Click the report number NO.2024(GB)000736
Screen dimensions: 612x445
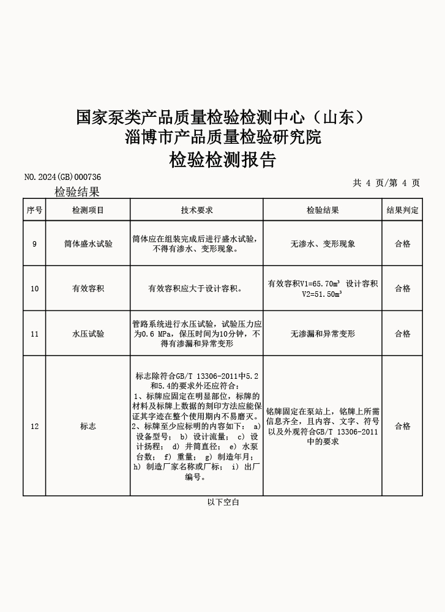pyautogui.click(x=62, y=177)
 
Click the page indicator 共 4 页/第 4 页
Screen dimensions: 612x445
pyautogui.click(x=386, y=182)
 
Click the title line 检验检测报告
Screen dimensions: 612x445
pyautogui.click(x=223, y=160)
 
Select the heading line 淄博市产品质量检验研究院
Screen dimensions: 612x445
pyautogui.click(x=223, y=136)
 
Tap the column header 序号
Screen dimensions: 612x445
pyautogui.click(x=34, y=210)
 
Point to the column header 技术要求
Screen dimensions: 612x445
pyautogui.click(x=196, y=210)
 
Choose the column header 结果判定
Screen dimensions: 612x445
pyautogui.click(x=402, y=210)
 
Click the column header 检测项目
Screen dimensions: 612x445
pyautogui.click(x=88, y=210)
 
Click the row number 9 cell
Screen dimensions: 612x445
pyautogui.click(x=34, y=244)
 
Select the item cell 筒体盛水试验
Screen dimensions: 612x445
pyautogui.click(x=88, y=244)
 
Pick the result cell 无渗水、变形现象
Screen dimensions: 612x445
pyautogui.click(x=323, y=244)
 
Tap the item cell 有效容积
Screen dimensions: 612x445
pyautogui.click(x=88, y=288)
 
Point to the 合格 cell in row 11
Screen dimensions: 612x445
pyautogui.click(x=402, y=334)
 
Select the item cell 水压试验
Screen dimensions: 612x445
pyautogui.click(x=88, y=334)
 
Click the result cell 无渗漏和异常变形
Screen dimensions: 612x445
pyautogui.click(x=323, y=334)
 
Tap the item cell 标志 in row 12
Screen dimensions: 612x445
pyautogui.click(x=88, y=426)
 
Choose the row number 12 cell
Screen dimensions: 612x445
pyautogui.click(x=34, y=426)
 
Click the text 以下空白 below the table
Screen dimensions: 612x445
pyautogui.click(x=223, y=502)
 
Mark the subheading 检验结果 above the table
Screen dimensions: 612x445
pyautogui.click(x=77, y=192)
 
